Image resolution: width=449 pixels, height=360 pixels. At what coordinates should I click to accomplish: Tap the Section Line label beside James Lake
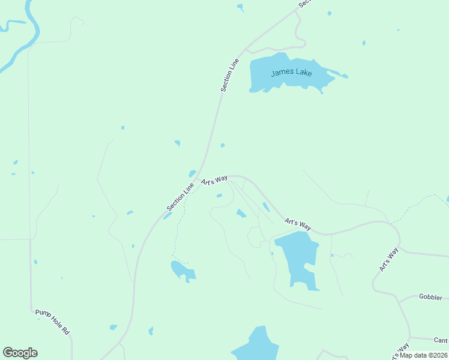(230, 75)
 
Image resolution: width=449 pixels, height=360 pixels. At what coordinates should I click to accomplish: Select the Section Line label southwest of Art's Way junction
(181, 196)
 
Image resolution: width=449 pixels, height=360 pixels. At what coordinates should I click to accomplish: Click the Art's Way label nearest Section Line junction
(214, 179)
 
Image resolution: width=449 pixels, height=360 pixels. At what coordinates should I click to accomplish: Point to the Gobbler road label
(430, 297)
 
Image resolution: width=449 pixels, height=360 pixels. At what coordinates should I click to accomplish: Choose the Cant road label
(441, 340)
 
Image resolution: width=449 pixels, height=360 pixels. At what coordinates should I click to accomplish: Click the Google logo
(20, 352)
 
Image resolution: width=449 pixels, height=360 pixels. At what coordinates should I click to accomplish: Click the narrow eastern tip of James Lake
(342, 76)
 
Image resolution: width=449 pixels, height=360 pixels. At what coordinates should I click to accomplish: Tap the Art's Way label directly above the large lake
(298, 224)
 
